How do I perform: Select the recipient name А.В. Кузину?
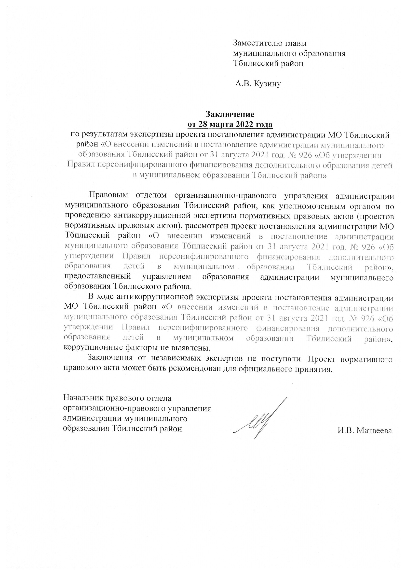coord(258,84)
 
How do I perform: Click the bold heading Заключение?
coord(230,114)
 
